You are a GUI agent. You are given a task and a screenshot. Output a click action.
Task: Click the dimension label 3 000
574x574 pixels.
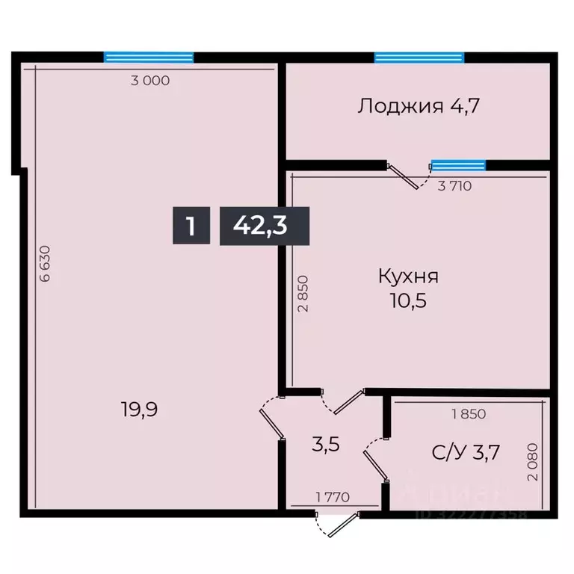[150, 81]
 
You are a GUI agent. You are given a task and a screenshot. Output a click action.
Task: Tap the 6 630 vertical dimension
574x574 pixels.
[46, 263]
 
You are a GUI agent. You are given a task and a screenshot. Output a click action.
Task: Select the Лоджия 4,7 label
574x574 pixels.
[418, 105]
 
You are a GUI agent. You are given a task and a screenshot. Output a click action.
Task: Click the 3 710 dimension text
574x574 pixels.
[454, 186]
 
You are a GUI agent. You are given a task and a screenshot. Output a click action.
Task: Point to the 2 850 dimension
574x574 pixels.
[302, 298]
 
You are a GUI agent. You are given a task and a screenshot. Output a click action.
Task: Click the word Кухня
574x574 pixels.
[407, 276]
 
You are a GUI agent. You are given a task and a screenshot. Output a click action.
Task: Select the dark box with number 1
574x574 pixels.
[191, 225]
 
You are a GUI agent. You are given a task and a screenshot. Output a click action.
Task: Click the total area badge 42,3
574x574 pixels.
[260, 225]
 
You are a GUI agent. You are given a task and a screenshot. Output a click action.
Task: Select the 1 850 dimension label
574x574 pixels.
[468, 413]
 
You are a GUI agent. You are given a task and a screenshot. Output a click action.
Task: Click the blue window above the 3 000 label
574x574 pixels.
[149, 57]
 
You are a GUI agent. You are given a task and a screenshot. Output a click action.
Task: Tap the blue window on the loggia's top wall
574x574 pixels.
[419, 57]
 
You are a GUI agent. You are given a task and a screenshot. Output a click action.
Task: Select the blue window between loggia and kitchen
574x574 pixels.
[458, 165]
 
